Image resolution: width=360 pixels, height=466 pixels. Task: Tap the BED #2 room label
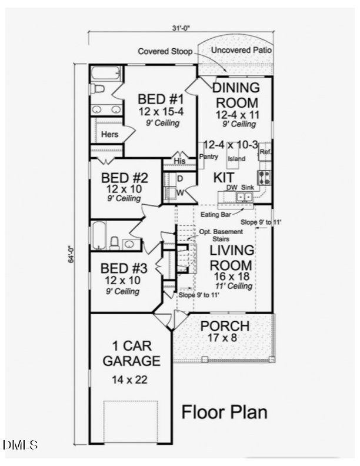pyautogui.click(x=124, y=178)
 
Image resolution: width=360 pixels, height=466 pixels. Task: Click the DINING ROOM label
pyautogui.click(x=235, y=95)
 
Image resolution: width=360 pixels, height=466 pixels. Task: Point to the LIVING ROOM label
pyautogui.click(x=231, y=258)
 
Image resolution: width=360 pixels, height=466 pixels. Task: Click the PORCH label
pyautogui.click(x=225, y=326)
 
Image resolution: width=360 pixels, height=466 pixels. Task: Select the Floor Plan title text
pyautogui.click(x=224, y=412)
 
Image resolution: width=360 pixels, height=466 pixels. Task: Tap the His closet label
pyautogui.click(x=180, y=160)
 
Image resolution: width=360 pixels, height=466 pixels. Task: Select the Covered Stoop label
pyautogui.click(x=165, y=52)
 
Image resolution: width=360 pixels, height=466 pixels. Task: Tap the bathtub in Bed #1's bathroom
pyautogui.click(x=106, y=74)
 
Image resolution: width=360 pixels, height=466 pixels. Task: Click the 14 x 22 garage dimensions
pyautogui.click(x=129, y=380)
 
